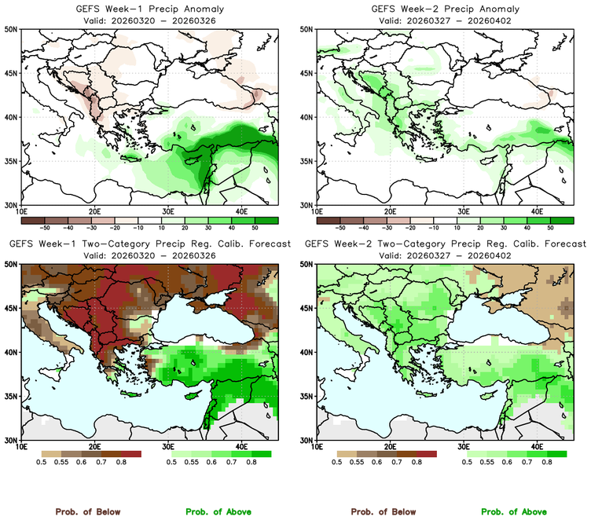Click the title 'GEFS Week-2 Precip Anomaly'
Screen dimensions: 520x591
point(446,9)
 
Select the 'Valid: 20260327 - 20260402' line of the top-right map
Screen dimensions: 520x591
point(446,20)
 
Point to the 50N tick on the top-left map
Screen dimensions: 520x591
point(13,29)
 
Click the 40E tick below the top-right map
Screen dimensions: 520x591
point(537,211)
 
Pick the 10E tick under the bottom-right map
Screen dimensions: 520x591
point(317,447)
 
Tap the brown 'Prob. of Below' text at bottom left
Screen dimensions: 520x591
point(88,511)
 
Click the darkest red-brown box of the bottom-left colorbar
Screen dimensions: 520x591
point(128,454)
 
